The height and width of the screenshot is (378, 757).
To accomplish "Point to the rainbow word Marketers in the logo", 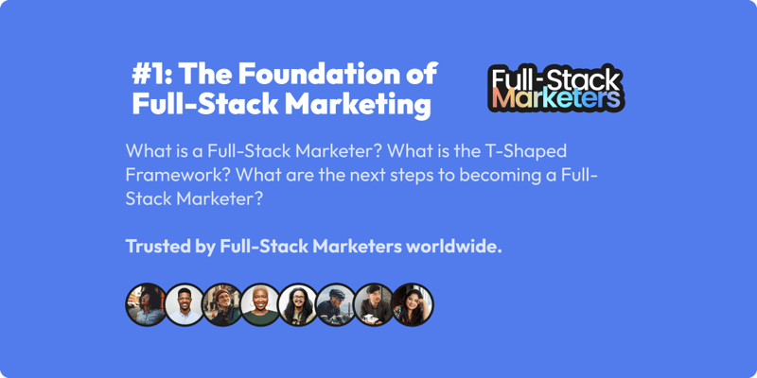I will [x=555, y=98].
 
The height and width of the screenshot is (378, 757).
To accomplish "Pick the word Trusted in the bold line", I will [x=155, y=246].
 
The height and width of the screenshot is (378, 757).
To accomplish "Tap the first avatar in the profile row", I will [x=146, y=304].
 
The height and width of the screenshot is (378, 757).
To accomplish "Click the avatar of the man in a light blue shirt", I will [x=184, y=304].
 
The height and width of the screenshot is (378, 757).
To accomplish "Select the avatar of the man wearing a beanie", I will [x=221, y=304].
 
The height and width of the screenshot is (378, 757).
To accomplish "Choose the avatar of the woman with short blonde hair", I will [x=260, y=304].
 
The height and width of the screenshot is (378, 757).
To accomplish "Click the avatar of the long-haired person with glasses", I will [x=298, y=304].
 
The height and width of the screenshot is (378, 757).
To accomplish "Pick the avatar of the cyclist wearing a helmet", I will [x=336, y=304].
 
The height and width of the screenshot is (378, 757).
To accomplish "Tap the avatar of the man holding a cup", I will [x=374, y=304].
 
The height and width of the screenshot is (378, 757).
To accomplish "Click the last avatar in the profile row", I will [x=413, y=304].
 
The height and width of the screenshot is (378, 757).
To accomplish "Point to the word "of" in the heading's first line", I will [x=421, y=74].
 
